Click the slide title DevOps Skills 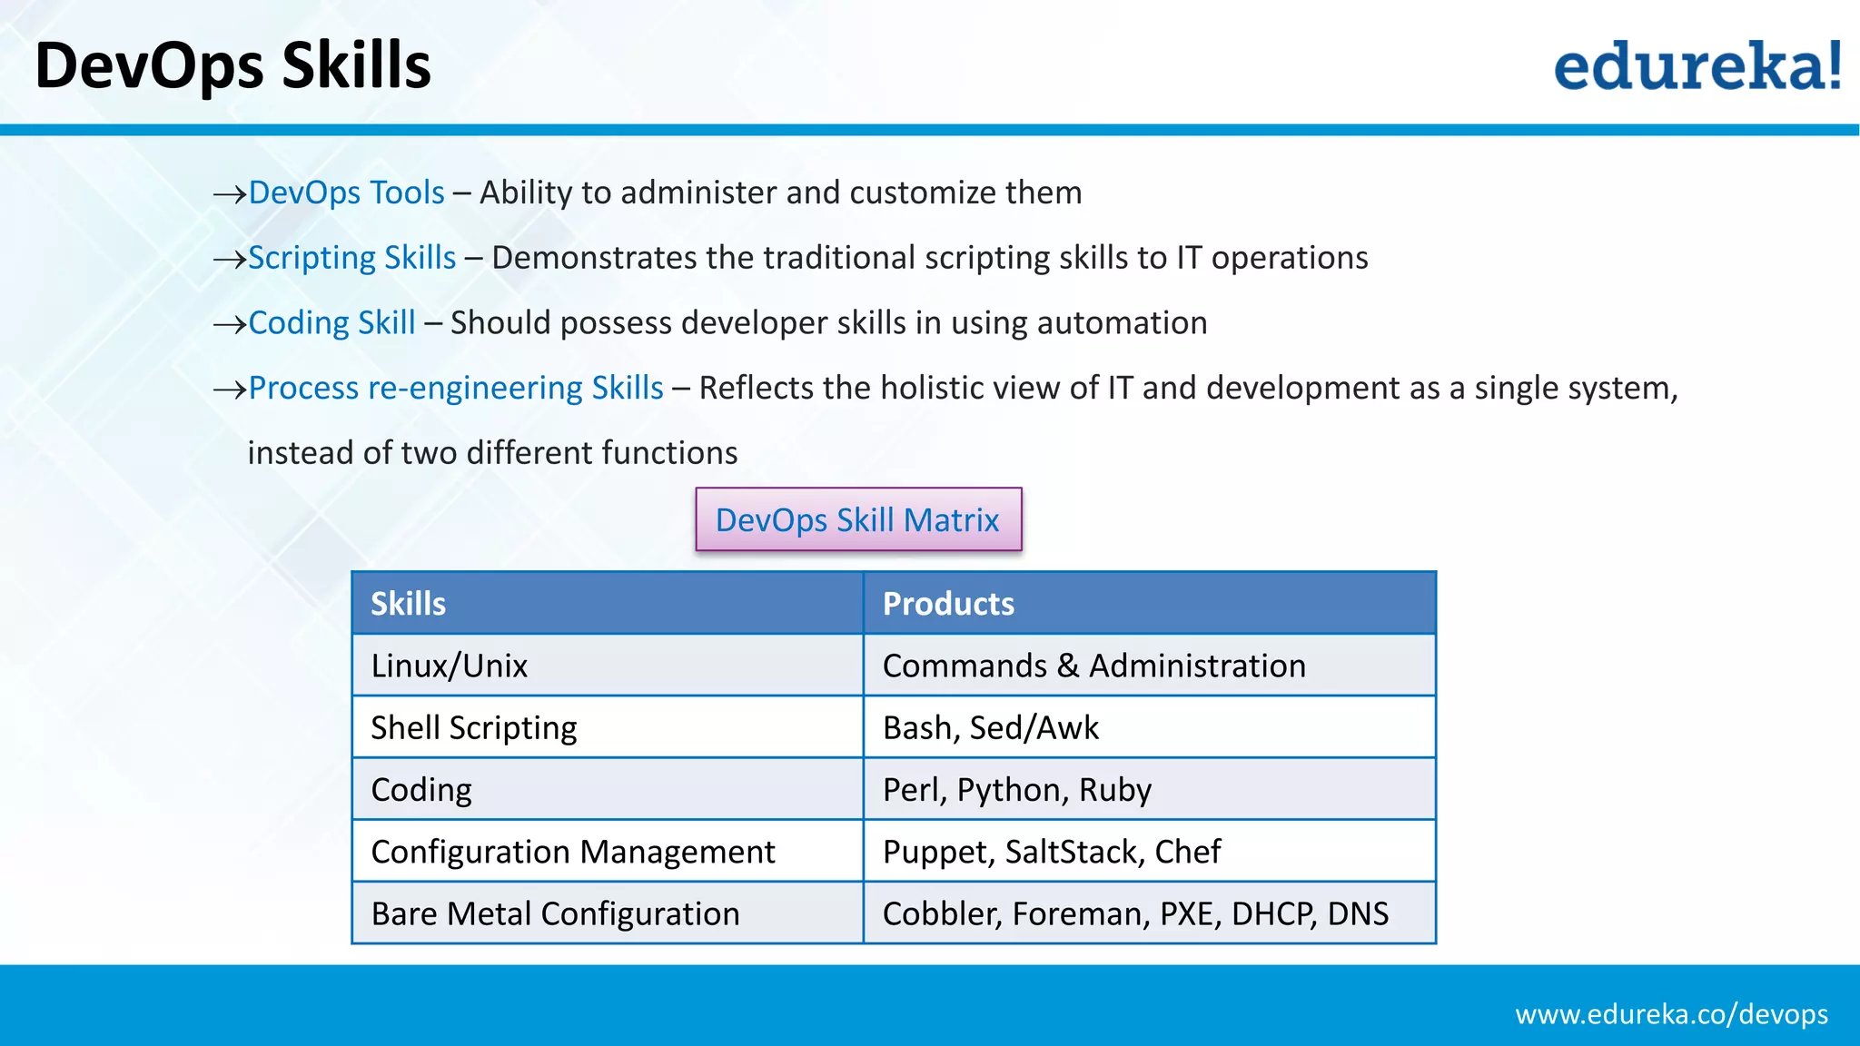[x=232, y=66]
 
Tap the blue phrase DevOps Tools [x=346, y=192]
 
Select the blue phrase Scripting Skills [x=351, y=258]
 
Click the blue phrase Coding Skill [x=331, y=323]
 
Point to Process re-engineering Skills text [x=456, y=389]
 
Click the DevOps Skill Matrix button [x=858, y=519]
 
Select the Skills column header [x=409, y=604]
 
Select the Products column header [x=948, y=604]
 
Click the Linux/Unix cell [x=450, y=666]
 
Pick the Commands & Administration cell [x=1093, y=666]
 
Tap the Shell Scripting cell [x=474, y=728]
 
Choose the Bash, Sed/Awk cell [x=990, y=728]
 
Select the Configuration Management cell [x=573, y=852]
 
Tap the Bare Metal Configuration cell [x=555, y=913]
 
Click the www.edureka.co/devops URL [x=1671, y=1014]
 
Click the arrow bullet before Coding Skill [x=229, y=324]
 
